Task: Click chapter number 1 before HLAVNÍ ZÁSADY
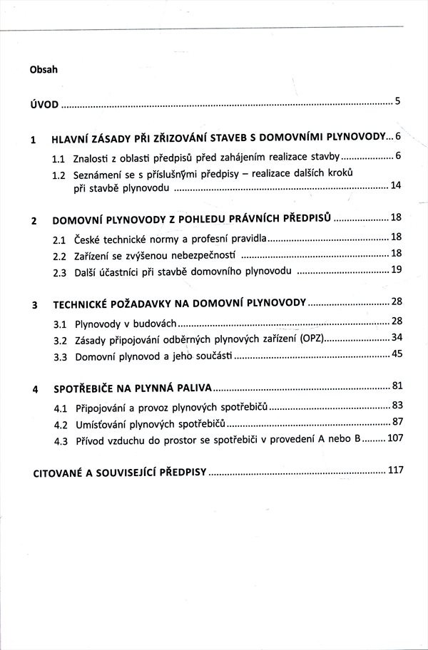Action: click(x=34, y=140)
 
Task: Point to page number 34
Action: click(x=397, y=337)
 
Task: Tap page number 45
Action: click(x=397, y=354)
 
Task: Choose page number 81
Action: click(x=397, y=386)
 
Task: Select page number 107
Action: click(x=394, y=438)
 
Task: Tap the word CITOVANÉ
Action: click(x=63, y=473)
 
